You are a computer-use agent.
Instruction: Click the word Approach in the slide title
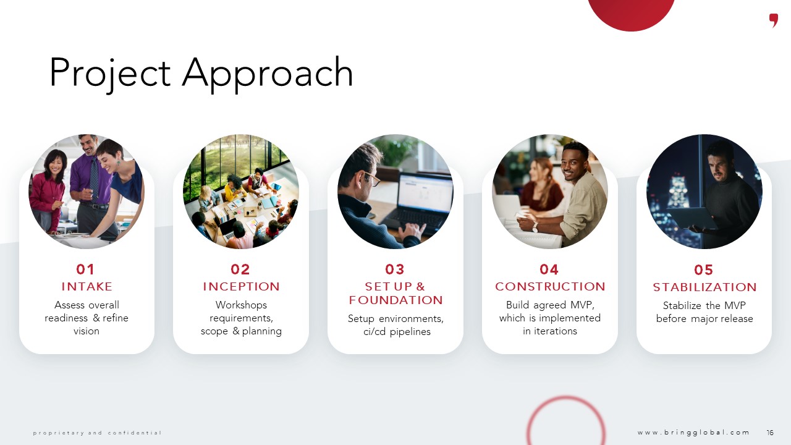coord(268,75)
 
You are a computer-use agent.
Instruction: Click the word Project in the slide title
coord(110,75)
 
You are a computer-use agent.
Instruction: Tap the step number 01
coord(85,269)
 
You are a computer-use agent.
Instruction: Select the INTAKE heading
coord(87,286)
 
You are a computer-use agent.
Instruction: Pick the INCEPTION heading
coord(241,286)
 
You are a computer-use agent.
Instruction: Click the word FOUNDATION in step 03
coord(396,300)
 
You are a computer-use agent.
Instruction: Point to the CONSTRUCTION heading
coord(550,286)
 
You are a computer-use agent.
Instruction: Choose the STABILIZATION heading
coord(704,287)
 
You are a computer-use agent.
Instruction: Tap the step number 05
coord(703,270)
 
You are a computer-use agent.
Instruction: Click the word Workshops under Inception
coord(241,305)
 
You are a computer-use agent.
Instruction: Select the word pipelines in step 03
coord(410,332)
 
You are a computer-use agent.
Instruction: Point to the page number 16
coord(770,433)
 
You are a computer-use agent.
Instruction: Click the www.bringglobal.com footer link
coord(693,433)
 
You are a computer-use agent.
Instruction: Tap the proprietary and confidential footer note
coord(97,433)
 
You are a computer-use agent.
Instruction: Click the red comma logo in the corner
coord(774,20)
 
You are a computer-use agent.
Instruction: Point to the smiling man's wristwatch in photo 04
coord(535,227)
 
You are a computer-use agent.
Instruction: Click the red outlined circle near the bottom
coord(566,397)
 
